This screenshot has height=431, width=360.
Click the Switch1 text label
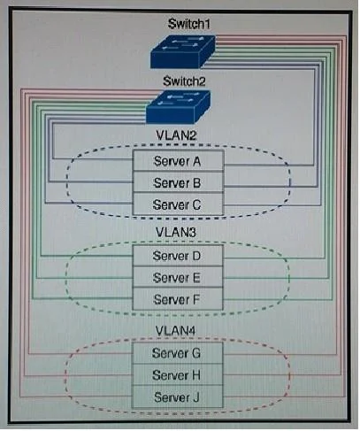click(x=189, y=24)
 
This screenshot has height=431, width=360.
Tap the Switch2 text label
click(x=184, y=81)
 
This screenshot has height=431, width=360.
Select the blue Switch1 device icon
click(x=183, y=52)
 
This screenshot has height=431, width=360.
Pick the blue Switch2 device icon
click(x=178, y=107)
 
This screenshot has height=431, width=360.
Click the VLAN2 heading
click(x=176, y=135)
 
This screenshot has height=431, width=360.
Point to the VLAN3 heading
click(x=176, y=232)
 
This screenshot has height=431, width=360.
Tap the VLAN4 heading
click(x=175, y=330)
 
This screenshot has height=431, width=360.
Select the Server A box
click(x=178, y=160)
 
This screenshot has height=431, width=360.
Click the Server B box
click(x=178, y=182)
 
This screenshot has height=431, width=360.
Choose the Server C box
click(x=178, y=204)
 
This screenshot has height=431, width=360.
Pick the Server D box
click(x=178, y=256)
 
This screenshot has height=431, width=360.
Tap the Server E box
click(x=178, y=277)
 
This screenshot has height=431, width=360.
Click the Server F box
click(x=178, y=299)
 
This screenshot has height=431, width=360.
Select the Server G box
click(x=177, y=353)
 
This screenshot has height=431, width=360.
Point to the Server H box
click(x=177, y=374)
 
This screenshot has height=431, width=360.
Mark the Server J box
click(x=177, y=397)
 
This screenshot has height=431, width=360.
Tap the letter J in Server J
click(x=196, y=397)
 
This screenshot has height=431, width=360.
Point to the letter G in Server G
click(x=195, y=353)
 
